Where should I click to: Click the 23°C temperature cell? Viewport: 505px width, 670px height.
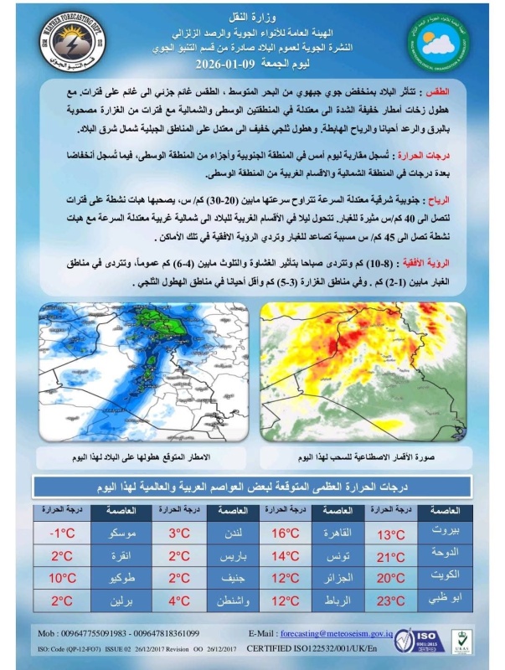(390, 600)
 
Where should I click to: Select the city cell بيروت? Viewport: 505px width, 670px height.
(445, 533)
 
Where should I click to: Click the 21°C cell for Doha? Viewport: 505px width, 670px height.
(390, 556)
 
